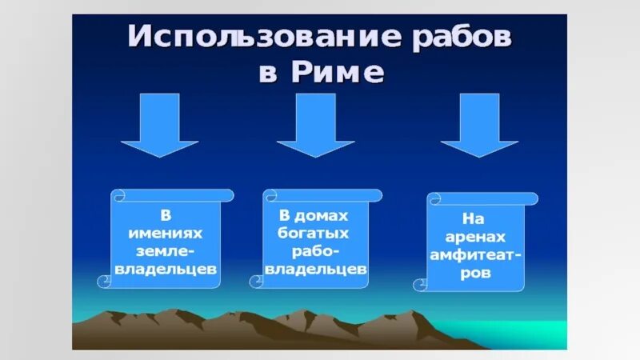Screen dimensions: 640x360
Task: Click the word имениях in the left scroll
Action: (x=166, y=234)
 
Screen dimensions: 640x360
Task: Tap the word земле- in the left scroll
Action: (x=166, y=251)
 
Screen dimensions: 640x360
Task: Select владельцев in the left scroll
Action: (x=166, y=270)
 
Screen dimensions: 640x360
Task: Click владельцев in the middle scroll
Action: (x=317, y=270)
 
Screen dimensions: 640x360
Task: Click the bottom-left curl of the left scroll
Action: (x=105, y=281)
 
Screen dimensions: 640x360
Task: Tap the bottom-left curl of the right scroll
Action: (x=421, y=283)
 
